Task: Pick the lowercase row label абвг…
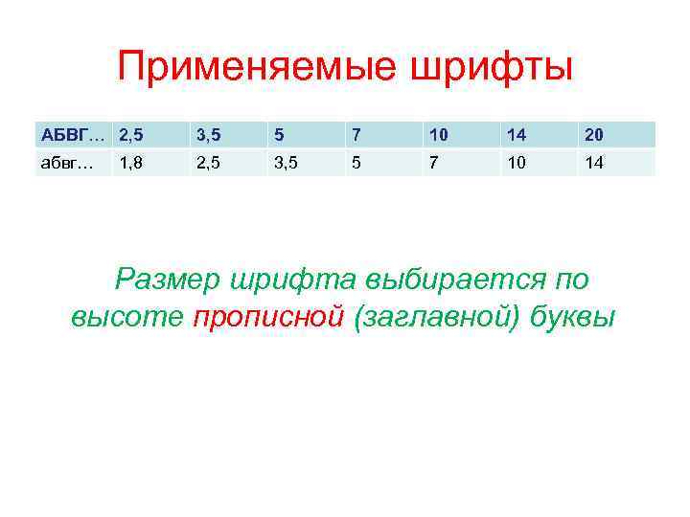65,162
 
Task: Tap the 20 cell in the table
594,133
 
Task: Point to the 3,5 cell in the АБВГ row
208,133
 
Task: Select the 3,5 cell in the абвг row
287,162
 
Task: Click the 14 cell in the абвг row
594,162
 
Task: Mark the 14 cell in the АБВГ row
517,133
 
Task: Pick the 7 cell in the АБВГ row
356,133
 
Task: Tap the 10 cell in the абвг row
517,162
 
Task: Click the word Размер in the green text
167,280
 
